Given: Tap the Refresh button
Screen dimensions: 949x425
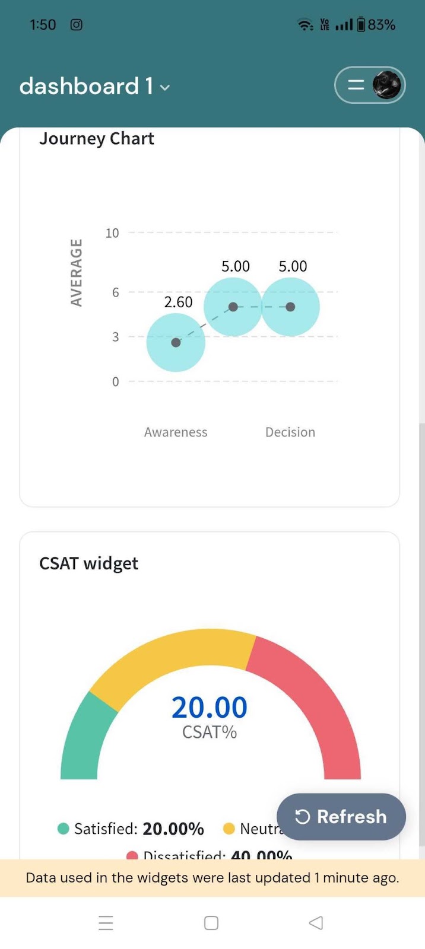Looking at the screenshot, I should pyautogui.click(x=341, y=817).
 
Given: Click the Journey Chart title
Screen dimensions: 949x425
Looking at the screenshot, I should pyautogui.click(x=97, y=139).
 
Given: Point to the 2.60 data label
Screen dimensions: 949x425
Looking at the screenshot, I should pyautogui.click(x=178, y=302).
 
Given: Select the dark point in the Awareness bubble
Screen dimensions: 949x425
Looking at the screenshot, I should pyautogui.click(x=176, y=342).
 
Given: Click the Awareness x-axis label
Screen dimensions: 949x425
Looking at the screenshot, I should pyautogui.click(x=176, y=432).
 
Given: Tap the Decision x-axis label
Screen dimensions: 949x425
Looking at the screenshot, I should pyautogui.click(x=290, y=432).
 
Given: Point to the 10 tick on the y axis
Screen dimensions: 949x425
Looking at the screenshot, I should pyautogui.click(x=112, y=233).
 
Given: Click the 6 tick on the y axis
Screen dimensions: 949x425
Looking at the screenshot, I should pyautogui.click(x=115, y=292).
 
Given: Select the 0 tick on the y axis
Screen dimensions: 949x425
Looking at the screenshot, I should pyautogui.click(x=115, y=382).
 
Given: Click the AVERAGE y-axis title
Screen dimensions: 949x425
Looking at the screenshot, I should pyautogui.click(x=76, y=272).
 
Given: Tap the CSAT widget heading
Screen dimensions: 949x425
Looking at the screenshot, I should pyautogui.click(x=88, y=563).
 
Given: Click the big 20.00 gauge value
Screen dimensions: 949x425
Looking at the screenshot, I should pyautogui.click(x=210, y=707).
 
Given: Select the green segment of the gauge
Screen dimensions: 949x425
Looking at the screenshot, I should pyautogui.click(x=84, y=738).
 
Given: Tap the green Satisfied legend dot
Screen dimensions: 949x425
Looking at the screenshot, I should pyautogui.click(x=64, y=829).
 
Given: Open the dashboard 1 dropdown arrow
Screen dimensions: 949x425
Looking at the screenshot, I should pyautogui.click(x=165, y=88).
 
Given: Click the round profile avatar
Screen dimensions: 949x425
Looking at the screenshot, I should pyautogui.click(x=386, y=85).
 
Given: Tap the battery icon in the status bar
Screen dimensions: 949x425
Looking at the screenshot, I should pyautogui.click(x=361, y=25).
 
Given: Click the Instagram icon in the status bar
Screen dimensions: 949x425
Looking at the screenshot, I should pyautogui.click(x=77, y=25).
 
